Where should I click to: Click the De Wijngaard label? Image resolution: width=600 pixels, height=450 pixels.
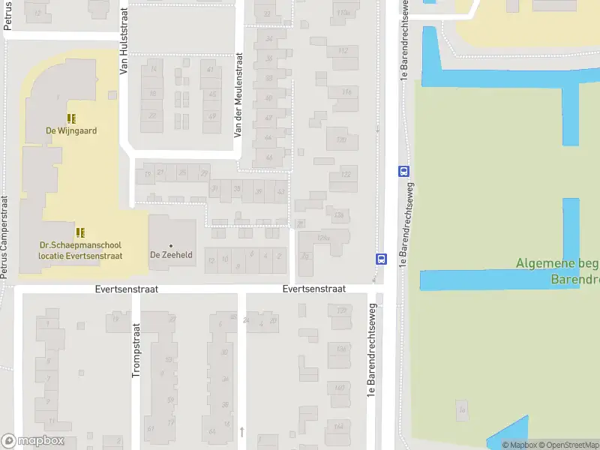click(x=71, y=130)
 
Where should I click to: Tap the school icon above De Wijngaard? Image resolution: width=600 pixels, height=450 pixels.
click(x=71, y=118)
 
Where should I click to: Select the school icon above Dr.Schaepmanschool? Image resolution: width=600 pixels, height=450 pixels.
click(x=80, y=232)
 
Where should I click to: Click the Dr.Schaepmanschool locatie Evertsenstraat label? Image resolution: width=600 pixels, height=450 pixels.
click(x=81, y=250)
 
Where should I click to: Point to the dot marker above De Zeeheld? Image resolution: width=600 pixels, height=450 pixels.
click(x=171, y=245)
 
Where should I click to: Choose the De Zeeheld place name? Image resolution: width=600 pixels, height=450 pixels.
click(x=171, y=255)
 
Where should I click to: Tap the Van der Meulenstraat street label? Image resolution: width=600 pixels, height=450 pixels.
click(x=238, y=94)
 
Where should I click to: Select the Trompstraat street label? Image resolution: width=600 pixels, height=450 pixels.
click(x=136, y=349)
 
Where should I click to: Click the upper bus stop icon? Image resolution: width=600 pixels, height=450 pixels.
click(x=403, y=170)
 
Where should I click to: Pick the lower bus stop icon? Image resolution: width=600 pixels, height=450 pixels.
click(x=381, y=259)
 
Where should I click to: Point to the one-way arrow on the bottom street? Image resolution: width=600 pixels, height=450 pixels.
click(x=241, y=431)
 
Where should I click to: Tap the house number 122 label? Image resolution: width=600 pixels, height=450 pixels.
click(x=345, y=175)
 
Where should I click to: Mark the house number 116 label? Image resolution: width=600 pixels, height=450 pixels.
click(x=346, y=92)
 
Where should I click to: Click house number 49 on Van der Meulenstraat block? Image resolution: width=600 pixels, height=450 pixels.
click(x=212, y=115)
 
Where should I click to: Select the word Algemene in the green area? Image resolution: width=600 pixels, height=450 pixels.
click(x=544, y=264)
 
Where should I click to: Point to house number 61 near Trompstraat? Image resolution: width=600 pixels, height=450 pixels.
click(x=151, y=429)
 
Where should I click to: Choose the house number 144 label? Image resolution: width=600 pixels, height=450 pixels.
click(x=339, y=427)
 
